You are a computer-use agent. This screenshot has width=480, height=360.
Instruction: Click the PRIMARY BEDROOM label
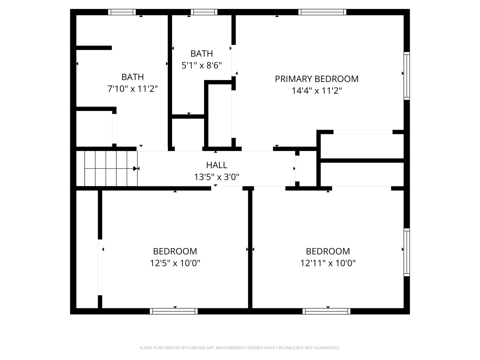(316, 79)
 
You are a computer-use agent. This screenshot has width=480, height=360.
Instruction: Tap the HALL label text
(217, 165)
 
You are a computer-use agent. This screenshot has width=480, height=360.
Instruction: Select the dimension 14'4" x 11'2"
(316, 90)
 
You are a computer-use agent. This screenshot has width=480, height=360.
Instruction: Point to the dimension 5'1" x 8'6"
(201, 65)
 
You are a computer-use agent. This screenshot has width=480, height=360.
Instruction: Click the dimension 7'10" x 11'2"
(133, 89)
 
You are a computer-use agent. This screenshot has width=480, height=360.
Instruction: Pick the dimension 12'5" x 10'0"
(175, 263)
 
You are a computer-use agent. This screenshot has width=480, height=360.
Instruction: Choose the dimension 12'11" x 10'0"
(328, 263)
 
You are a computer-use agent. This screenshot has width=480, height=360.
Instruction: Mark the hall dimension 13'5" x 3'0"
(217, 177)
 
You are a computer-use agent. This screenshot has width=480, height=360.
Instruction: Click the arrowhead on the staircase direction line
(135, 169)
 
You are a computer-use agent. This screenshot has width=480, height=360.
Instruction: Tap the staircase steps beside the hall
(107, 169)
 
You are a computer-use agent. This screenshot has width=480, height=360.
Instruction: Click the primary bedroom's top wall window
(322, 12)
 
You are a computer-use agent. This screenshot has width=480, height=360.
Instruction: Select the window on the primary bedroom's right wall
(407, 76)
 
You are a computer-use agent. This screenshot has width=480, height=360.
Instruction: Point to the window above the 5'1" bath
(204, 12)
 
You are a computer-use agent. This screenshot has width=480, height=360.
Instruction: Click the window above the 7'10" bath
(122, 12)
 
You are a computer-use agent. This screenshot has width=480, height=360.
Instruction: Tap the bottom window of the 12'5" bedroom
(174, 311)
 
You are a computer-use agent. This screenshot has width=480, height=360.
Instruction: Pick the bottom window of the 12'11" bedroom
(326, 311)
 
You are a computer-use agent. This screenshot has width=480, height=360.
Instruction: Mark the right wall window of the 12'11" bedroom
(407, 252)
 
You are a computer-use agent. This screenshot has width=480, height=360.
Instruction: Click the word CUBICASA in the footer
(196, 348)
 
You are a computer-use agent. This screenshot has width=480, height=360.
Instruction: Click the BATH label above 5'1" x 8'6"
(201, 54)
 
